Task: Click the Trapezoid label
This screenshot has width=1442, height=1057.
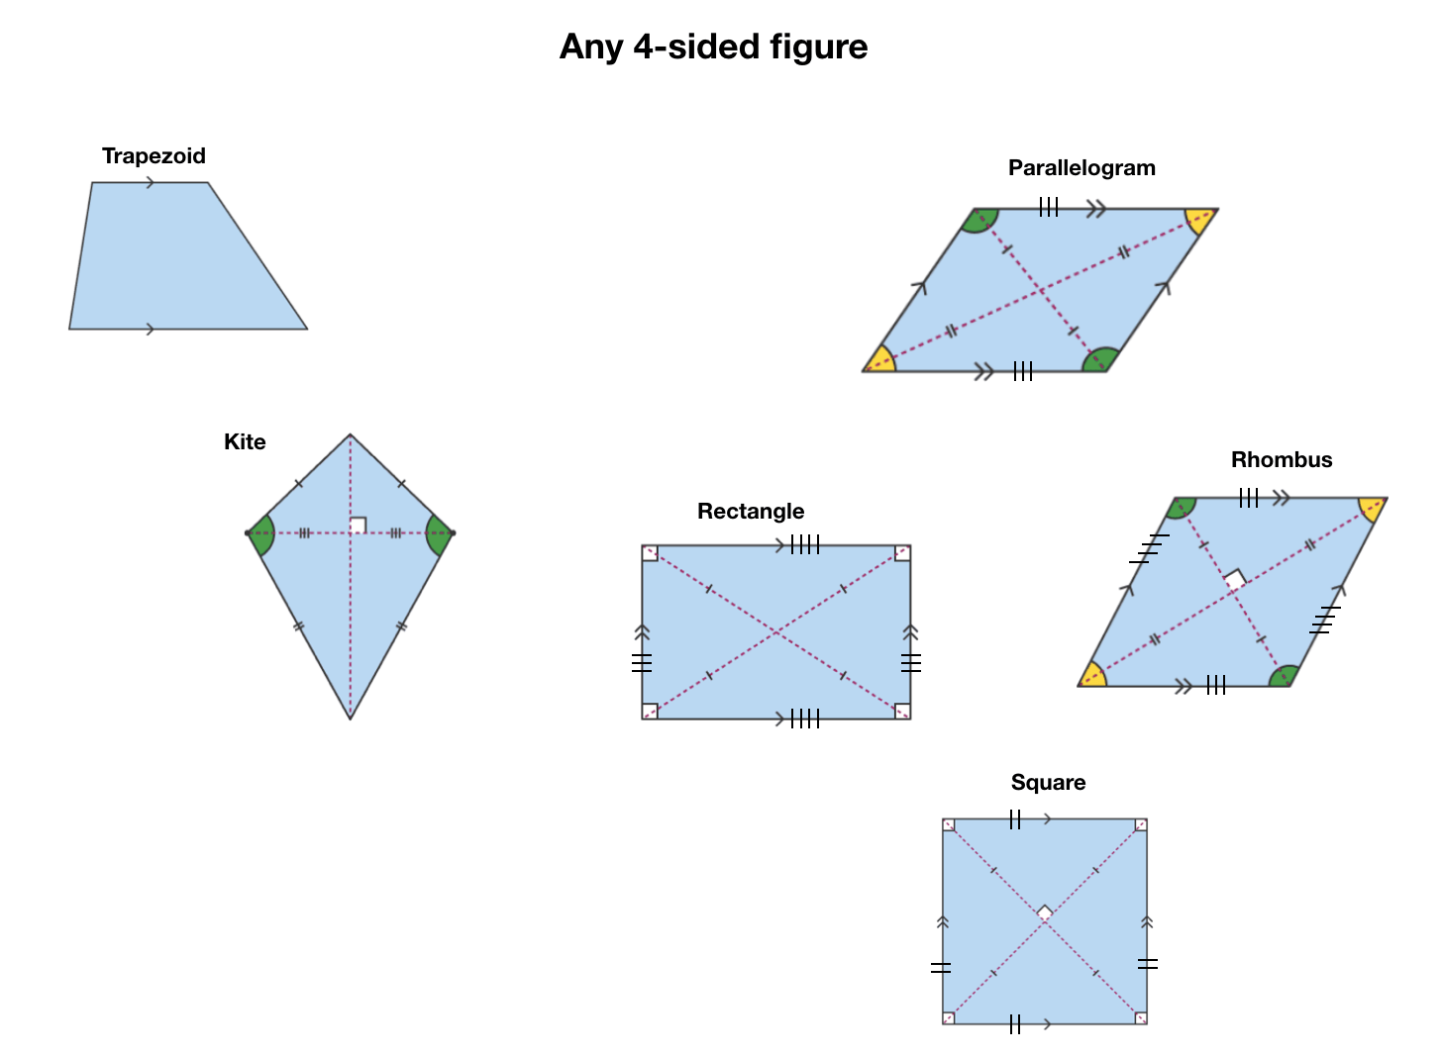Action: pos(154,156)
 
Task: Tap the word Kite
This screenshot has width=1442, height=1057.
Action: pos(245,442)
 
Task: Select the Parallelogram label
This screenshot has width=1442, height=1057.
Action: pos(1081,168)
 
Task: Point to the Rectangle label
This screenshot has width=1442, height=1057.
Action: pos(751,512)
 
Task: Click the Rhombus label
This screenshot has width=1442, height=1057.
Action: pos(1282,460)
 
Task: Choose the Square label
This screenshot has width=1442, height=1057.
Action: pos(1048,783)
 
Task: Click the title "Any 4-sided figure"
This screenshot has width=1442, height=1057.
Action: pos(713,47)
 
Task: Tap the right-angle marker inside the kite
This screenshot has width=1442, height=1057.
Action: pos(359,526)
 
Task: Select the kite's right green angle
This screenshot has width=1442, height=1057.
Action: pos(437,534)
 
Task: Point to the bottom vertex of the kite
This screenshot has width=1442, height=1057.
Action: pos(351,718)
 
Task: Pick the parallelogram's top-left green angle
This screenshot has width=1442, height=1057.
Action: pos(979,220)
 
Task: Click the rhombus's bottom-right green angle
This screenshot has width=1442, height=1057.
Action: pos(1284,677)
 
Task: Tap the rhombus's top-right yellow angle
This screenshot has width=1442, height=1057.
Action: pos(1372,508)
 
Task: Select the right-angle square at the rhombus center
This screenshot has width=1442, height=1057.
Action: pos(1234,580)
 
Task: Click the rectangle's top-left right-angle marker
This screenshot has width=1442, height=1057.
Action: pos(650,553)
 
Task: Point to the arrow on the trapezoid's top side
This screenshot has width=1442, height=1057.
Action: pos(150,182)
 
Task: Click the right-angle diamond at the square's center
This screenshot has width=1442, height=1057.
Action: pos(1045,913)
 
